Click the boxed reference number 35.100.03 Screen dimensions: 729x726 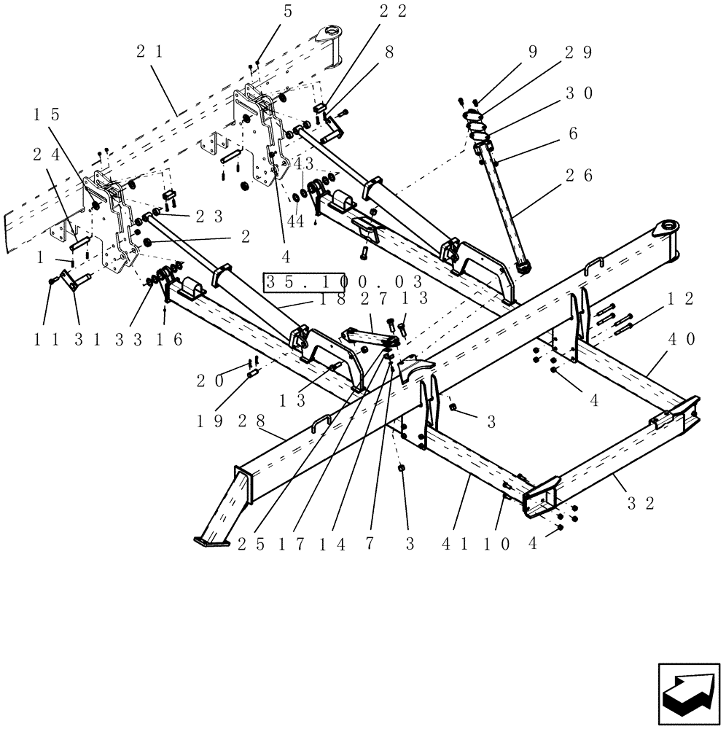344,281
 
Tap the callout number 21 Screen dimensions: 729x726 149,51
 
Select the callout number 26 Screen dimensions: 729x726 578,175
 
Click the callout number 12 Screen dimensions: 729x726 679,298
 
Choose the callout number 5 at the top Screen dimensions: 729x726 267,10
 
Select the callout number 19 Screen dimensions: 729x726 210,421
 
